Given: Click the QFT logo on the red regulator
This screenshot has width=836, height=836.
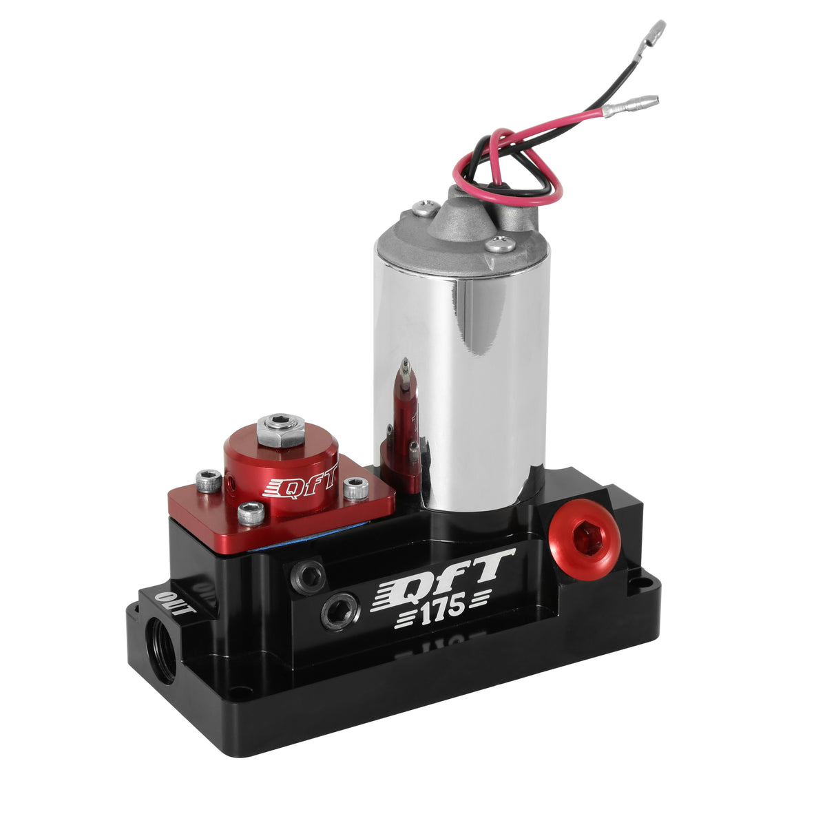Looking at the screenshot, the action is tap(300, 483).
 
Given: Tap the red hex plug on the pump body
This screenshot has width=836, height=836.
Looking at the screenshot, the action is tap(585, 539).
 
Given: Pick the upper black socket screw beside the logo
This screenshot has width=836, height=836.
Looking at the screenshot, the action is tap(308, 576).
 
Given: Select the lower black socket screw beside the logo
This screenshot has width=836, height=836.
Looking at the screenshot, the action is tap(340, 612).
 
